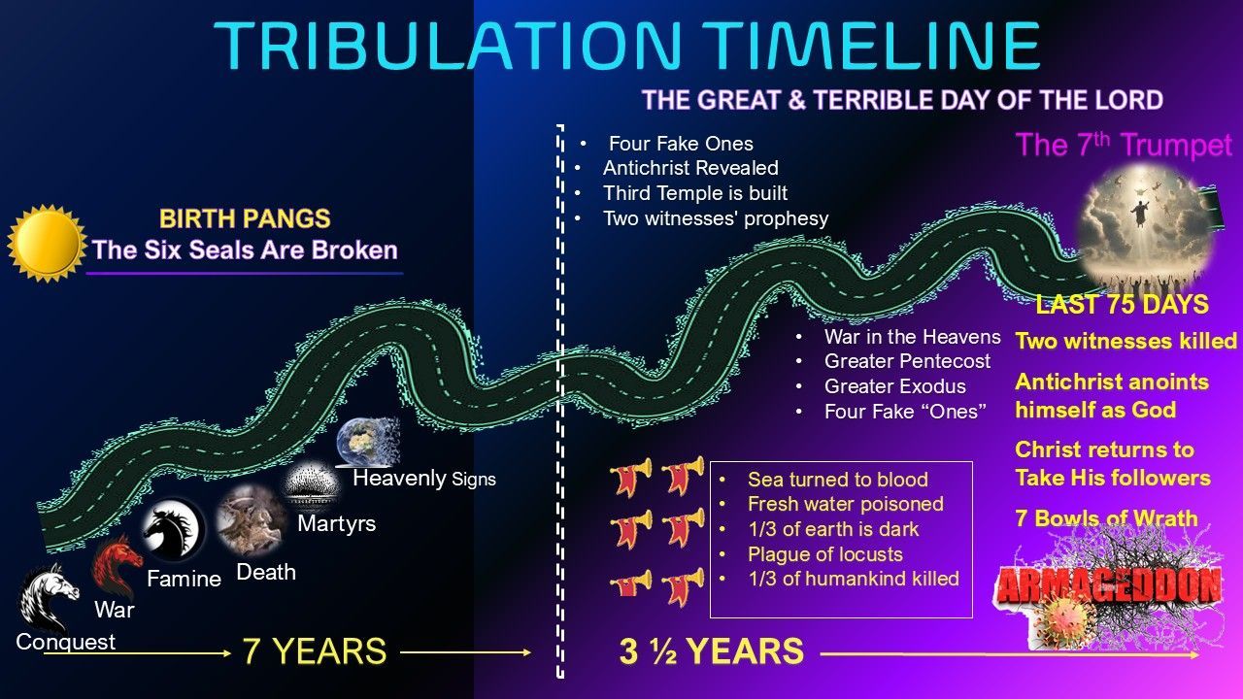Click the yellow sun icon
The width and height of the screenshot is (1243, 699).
click(46, 243)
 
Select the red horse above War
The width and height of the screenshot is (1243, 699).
click(116, 566)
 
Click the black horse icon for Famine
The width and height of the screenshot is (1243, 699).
click(173, 531)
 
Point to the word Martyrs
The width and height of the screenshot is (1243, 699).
click(336, 524)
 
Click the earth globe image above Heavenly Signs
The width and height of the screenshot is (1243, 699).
click(366, 442)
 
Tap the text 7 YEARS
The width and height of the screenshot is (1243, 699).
click(315, 651)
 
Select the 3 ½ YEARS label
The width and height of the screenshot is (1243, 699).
click(711, 651)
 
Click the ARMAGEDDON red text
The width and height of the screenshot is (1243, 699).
click(1108, 586)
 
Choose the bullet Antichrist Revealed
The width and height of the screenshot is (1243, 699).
click(690, 168)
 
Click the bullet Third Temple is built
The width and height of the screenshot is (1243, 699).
click(694, 193)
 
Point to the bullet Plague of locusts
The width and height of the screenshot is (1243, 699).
click(824, 554)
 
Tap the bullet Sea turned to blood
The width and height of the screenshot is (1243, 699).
click(837, 479)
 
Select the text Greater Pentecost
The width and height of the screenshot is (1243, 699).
click(907, 361)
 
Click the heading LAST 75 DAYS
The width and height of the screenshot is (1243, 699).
click(1122, 305)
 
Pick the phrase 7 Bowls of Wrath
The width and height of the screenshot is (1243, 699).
click(1106, 517)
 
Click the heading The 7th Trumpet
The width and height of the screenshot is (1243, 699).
click(1124, 146)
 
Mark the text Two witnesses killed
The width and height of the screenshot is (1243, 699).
click(1125, 341)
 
